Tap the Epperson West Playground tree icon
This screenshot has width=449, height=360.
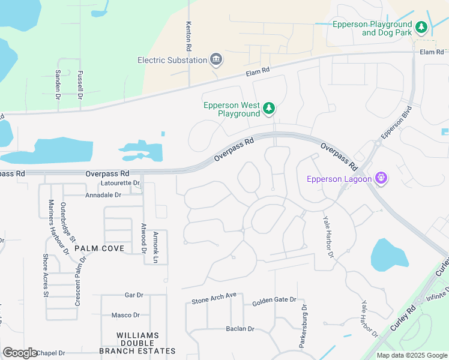click(270, 109)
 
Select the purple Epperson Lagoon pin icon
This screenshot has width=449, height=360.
click(380, 178)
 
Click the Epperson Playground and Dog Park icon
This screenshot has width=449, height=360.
click(421, 28)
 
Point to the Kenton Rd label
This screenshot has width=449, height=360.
click(188, 35)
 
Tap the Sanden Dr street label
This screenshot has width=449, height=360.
click(58, 84)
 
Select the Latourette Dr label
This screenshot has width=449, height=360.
click(121, 183)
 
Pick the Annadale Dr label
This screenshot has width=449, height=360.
click(103, 195)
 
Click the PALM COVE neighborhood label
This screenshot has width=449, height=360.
click(104, 248)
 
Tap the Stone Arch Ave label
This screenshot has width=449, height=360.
click(214, 298)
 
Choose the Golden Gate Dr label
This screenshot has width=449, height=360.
click(274, 299)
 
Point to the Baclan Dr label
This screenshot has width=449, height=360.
click(240, 329)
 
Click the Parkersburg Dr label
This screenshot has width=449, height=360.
click(304, 325)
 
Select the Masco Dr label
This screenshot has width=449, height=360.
click(125, 315)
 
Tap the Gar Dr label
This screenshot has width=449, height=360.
click(133, 295)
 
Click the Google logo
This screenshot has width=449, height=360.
click(20, 353)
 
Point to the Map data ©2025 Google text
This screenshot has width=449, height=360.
click(411, 355)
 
